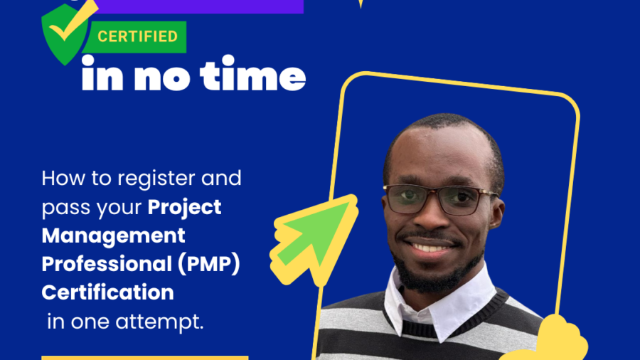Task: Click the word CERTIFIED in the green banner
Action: (x=137, y=36)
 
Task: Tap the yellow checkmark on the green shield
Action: (x=72, y=23)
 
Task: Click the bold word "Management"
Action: (x=114, y=236)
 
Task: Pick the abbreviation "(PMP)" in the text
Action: (x=208, y=264)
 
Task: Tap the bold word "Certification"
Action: (x=108, y=292)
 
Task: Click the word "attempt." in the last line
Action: (x=159, y=322)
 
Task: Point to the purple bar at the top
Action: (x=199, y=6)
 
